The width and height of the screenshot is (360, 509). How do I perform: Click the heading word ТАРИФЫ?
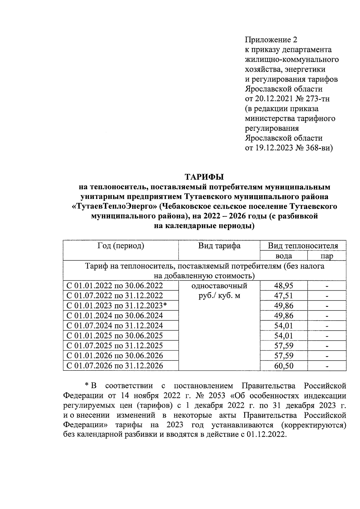tap(204, 177)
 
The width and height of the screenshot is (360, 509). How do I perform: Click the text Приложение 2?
tap(271, 40)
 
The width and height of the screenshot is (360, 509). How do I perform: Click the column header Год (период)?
tap(121, 246)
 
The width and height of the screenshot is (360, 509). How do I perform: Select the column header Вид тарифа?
tap(219, 246)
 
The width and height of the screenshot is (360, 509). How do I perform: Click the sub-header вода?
tap(283, 256)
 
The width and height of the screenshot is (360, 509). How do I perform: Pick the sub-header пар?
tap(327, 256)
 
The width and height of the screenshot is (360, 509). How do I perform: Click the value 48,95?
tap(283, 286)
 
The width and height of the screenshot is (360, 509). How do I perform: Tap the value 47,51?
tap(283, 296)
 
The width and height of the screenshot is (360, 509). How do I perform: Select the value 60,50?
tap(283, 366)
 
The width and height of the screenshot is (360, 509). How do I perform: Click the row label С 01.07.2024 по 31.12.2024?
tap(115, 326)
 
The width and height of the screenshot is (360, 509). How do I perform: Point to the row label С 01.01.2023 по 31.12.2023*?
tap(116, 306)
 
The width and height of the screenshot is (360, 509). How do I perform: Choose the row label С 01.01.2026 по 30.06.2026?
tap(115, 356)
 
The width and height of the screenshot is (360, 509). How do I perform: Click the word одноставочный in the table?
tap(219, 286)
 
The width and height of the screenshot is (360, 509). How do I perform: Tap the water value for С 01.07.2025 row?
tap(283, 346)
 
